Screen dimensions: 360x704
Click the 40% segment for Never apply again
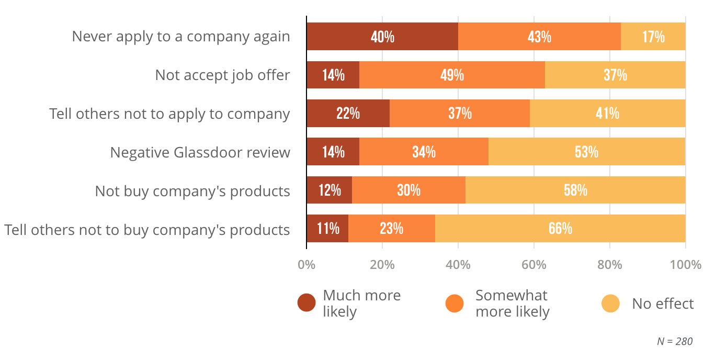pos(382,37)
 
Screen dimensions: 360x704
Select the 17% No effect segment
pos(653,37)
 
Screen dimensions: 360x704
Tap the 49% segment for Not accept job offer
pos(452,75)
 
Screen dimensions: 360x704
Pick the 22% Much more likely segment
pos(348,113)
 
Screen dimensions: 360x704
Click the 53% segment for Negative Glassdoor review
pos(587,152)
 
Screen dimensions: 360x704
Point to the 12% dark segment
pos(329,190)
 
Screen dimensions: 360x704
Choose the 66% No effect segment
pos(560,229)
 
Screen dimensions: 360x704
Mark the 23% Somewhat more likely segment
pos(392,229)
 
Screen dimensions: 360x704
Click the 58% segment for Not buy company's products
pos(575,190)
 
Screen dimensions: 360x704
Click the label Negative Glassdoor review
pos(200,152)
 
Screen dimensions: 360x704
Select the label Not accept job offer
pos(222,75)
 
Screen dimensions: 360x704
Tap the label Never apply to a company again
pos(180,37)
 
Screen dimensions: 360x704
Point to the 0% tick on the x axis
pos(306,265)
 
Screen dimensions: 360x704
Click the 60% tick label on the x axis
pos(533,265)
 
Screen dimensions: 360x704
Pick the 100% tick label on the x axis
pos(685,265)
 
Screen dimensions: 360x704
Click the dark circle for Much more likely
pos(306,303)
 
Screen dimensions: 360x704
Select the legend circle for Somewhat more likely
pos(455,303)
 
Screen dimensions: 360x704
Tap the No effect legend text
pos(663,303)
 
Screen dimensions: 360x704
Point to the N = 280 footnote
pos(675,341)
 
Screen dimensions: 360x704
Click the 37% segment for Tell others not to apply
pos(460,113)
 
